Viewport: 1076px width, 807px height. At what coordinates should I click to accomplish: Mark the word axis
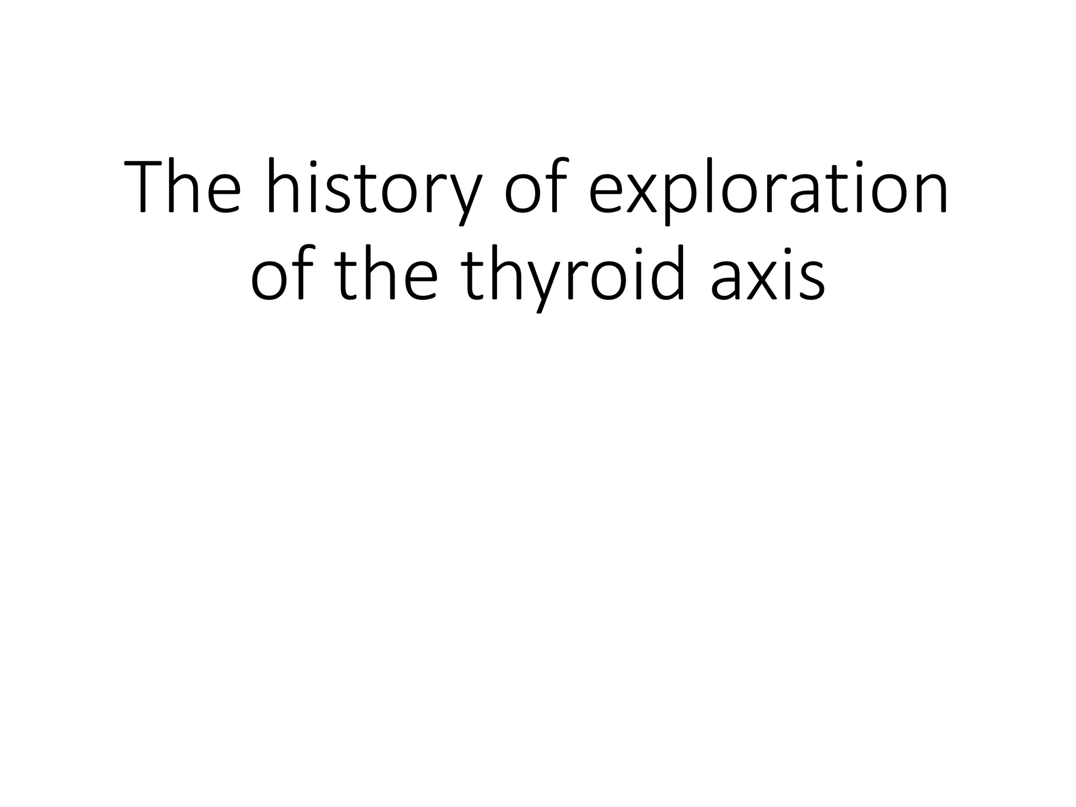click(767, 276)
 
